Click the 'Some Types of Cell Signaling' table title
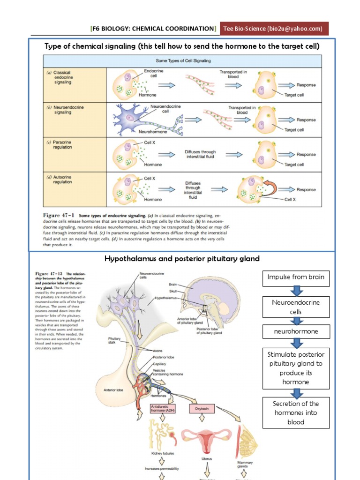182,61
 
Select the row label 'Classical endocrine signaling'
62,77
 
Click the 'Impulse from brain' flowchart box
296,277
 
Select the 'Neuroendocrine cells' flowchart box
296,307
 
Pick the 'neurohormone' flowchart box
296,331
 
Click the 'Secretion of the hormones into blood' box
296,412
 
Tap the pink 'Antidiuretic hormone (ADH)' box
162,410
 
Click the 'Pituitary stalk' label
115,340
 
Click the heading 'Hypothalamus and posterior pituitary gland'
182,259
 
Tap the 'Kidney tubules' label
162,454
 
